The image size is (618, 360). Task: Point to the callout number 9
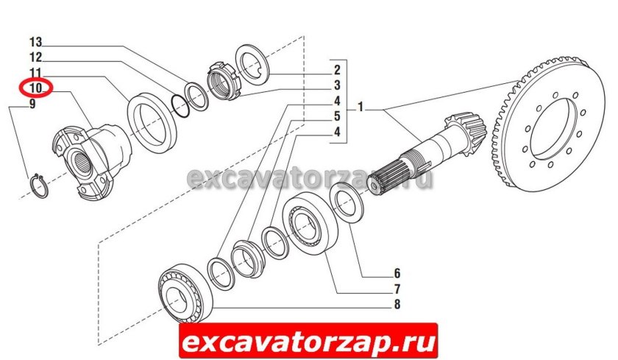point(32,105)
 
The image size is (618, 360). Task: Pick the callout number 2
point(336,71)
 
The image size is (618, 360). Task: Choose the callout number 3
point(336,85)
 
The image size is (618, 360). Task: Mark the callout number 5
point(336,116)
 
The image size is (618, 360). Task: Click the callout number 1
point(361,108)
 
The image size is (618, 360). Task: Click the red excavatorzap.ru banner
point(308,341)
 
